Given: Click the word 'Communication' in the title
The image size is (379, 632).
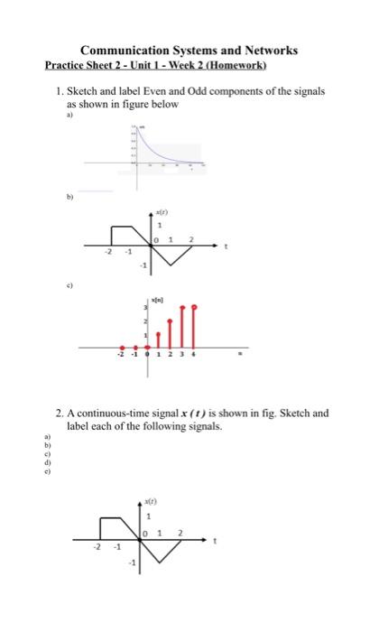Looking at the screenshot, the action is tap(123, 51).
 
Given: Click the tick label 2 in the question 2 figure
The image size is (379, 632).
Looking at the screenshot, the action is tap(180, 534).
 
